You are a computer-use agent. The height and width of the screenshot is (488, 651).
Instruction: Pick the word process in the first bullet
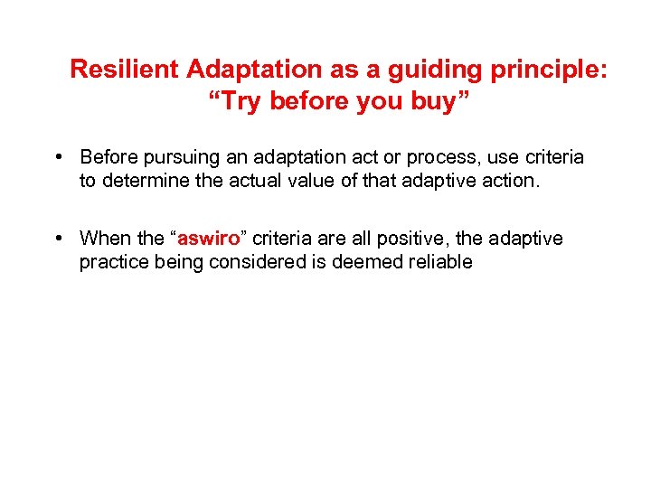tap(428, 158)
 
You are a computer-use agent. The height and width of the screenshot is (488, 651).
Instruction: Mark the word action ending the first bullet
tap(508, 181)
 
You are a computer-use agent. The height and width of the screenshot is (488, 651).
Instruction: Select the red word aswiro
tap(208, 239)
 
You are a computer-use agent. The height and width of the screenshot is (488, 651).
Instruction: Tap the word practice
tap(111, 262)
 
